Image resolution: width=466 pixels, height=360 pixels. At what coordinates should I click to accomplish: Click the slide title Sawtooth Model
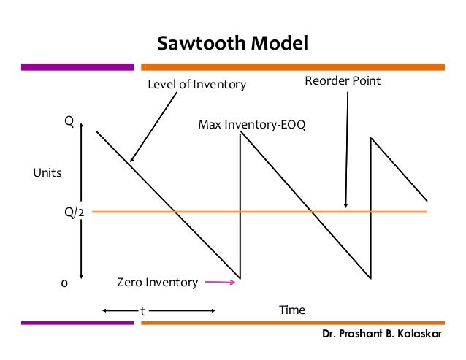(x=234, y=43)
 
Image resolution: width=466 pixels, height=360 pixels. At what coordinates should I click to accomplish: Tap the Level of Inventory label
(x=197, y=85)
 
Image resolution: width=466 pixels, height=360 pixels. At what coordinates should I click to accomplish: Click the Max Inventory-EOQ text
(x=252, y=125)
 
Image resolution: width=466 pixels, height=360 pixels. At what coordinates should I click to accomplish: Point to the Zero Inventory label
(x=157, y=282)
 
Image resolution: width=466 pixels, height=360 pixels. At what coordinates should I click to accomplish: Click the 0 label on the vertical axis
(x=63, y=284)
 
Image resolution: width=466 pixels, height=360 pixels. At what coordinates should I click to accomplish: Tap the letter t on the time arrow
(x=142, y=311)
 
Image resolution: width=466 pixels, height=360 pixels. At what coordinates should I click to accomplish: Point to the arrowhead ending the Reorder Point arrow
(x=345, y=207)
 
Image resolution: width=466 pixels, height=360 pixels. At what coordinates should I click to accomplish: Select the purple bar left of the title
(x=77, y=67)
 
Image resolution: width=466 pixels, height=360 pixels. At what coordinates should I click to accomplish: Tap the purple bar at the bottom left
(x=77, y=322)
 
